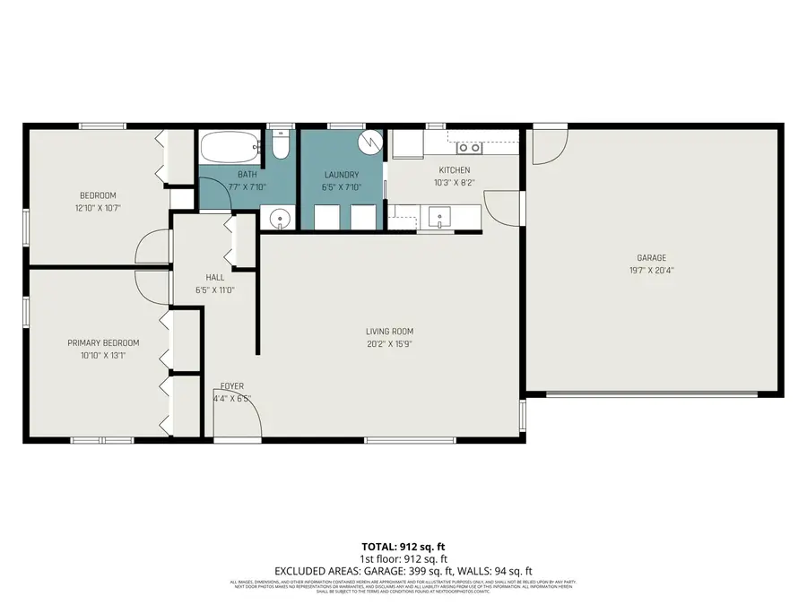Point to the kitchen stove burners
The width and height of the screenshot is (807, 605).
(x=470, y=149)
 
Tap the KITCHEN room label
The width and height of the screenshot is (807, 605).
(x=454, y=170)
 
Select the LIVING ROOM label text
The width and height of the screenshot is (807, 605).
(x=389, y=331)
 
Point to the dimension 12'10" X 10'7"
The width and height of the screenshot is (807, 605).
(x=98, y=207)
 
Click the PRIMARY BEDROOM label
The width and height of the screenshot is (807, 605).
(x=103, y=342)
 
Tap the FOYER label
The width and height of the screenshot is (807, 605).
(x=232, y=386)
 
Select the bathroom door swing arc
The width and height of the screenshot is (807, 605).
(x=215, y=193)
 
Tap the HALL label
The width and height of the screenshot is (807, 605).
(x=215, y=277)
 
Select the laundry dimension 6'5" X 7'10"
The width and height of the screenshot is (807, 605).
(x=341, y=186)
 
